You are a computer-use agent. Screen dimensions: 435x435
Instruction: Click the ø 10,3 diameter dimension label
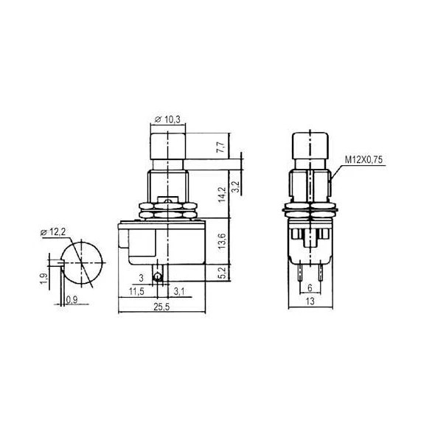click(x=167, y=119)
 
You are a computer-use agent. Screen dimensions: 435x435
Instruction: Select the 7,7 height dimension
click(x=221, y=147)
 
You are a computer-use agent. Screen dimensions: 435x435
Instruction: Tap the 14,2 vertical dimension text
click(x=222, y=195)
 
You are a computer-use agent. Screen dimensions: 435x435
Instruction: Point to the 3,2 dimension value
click(x=236, y=187)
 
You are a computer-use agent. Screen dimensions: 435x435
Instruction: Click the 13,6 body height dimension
click(x=222, y=241)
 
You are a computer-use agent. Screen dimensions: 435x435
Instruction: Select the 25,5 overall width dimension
click(x=161, y=307)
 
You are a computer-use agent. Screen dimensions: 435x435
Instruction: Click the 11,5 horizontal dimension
click(x=136, y=291)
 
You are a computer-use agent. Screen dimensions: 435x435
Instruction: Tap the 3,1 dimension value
click(x=179, y=291)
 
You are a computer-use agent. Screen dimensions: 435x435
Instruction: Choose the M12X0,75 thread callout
click(x=363, y=160)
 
